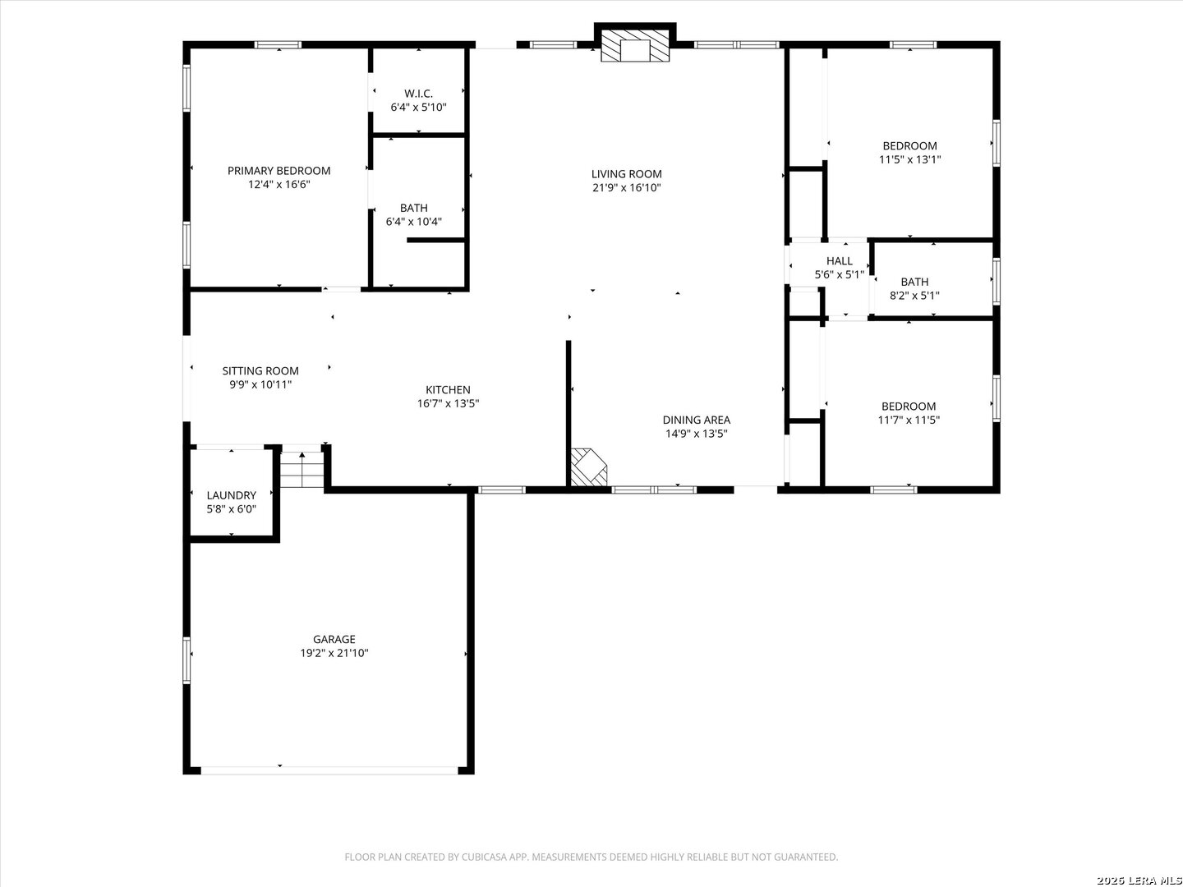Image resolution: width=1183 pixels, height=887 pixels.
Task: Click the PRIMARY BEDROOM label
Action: (x=278, y=171)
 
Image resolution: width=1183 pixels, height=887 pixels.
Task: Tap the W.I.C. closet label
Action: (x=418, y=94)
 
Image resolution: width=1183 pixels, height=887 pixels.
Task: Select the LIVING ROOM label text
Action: (x=626, y=174)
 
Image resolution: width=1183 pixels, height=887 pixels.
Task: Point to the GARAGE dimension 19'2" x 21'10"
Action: (x=334, y=653)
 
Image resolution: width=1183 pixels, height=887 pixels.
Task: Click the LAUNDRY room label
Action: (x=231, y=495)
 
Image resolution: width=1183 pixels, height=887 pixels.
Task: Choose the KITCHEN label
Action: (x=448, y=390)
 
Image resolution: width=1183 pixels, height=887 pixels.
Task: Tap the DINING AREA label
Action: (x=697, y=420)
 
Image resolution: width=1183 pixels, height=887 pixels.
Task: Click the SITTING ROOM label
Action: (x=260, y=371)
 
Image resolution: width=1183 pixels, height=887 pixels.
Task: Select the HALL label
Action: (x=839, y=261)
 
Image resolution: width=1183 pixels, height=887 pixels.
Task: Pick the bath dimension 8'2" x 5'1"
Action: (x=914, y=296)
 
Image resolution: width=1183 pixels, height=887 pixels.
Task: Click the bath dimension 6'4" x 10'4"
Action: (x=413, y=222)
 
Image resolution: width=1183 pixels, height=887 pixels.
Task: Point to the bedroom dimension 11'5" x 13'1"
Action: (x=909, y=159)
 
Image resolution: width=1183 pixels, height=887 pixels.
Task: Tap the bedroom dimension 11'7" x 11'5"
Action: (x=909, y=420)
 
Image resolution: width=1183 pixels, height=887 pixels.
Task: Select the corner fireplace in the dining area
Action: (x=588, y=467)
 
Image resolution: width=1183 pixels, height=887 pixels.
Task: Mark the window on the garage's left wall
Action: (x=186, y=660)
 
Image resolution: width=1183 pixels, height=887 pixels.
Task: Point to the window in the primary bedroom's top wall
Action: (x=278, y=44)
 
